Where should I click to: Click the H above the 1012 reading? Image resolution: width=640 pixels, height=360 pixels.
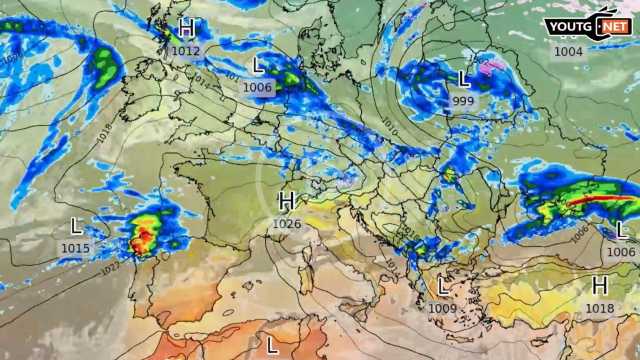186,28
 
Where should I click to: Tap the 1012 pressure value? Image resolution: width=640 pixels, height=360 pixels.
186,50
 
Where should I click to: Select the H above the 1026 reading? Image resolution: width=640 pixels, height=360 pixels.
287,201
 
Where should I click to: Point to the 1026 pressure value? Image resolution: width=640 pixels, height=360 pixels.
287,223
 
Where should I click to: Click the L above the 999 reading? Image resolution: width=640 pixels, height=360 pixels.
464,78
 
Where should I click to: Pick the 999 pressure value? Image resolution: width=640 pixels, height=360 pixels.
463,101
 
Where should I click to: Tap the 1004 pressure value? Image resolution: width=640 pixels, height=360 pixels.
568,51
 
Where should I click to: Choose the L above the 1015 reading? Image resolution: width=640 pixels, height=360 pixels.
76,226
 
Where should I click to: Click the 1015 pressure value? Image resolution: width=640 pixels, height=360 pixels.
75,248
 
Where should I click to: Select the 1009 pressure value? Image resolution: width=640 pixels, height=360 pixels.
443,309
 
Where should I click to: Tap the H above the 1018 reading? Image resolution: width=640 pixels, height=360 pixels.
600,286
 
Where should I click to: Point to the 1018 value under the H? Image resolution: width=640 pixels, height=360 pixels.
600,309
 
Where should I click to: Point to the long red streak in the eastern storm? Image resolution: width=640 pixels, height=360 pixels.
600,198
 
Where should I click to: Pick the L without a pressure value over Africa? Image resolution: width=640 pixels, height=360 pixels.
272,345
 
